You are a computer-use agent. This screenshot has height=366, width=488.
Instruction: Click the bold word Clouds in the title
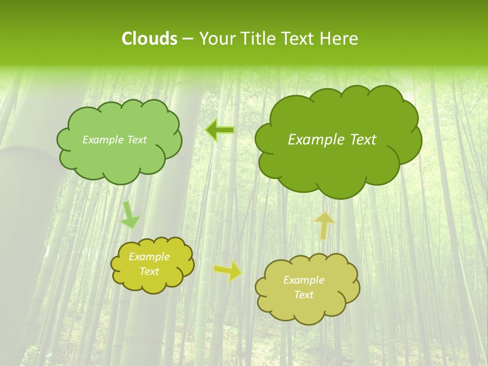149,39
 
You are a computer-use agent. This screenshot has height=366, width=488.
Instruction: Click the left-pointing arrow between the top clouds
220,131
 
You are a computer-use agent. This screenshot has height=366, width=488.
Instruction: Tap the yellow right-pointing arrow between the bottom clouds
228,271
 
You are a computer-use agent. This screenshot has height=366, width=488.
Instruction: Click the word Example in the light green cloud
102,140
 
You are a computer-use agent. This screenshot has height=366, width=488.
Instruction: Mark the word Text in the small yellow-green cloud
149,271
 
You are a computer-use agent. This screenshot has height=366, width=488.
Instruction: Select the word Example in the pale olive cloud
303,280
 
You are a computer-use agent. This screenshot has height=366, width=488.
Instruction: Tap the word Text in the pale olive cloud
303,295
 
